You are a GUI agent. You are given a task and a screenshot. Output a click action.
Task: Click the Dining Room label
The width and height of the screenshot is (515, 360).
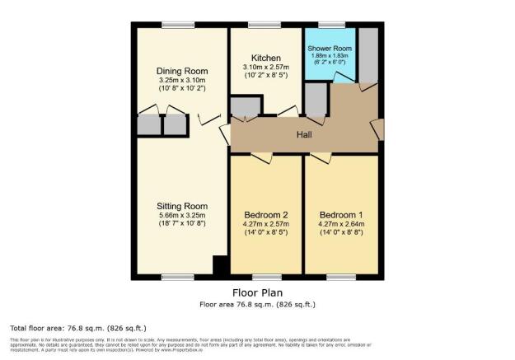point(182,71)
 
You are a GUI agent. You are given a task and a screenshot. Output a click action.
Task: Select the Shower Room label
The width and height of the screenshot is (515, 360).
point(330,49)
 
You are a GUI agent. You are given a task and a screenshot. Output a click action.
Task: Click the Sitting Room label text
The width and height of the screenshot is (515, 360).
point(182,206)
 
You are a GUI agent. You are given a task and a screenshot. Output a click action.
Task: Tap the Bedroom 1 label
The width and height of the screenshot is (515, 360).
point(340,206)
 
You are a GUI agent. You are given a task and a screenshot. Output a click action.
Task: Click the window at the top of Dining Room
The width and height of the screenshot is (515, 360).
point(178,25)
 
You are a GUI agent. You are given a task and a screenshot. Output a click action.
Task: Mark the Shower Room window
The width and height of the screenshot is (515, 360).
point(331,25)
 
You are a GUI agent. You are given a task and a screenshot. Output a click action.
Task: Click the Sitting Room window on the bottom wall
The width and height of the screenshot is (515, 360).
point(178,275)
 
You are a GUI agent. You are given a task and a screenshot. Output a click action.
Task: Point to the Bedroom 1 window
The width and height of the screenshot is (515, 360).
point(340,275)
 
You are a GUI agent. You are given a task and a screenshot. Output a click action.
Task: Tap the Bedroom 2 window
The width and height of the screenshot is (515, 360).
point(265,275)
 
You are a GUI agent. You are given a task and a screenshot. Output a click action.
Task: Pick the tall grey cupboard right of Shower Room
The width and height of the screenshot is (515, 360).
point(368,55)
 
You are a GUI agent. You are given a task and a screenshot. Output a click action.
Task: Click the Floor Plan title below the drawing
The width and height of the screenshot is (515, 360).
point(258,292)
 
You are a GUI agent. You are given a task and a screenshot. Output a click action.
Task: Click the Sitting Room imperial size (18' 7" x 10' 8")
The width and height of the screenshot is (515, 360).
point(182,225)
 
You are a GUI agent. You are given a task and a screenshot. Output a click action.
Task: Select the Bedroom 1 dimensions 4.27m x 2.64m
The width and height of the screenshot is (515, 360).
point(340,216)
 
